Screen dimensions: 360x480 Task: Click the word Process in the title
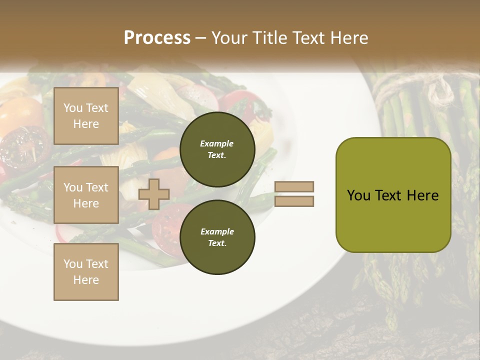(x=157, y=38)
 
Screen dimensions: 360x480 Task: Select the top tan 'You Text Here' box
(x=86, y=116)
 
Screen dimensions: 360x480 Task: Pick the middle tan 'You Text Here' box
(x=86, y=195)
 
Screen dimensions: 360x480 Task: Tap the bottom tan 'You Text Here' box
(x=86, y=272)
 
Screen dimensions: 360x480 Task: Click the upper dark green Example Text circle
(x=217, y=149)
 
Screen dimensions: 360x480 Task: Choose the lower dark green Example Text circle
(x=217, y=237)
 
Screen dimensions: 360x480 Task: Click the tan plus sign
(x=154, y=194)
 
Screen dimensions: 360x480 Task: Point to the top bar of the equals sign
(x=294, y=186)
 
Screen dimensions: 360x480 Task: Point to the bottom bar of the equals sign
(x=294, y=201)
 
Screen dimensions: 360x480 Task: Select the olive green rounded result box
(x=393, y=194)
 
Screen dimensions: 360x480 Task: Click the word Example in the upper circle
(x=217, y=143)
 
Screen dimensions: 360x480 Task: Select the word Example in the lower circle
(x=217, y=231)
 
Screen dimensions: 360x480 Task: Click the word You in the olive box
(x=358, y=195)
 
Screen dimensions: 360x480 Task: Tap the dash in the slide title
(x=201, y=38)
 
